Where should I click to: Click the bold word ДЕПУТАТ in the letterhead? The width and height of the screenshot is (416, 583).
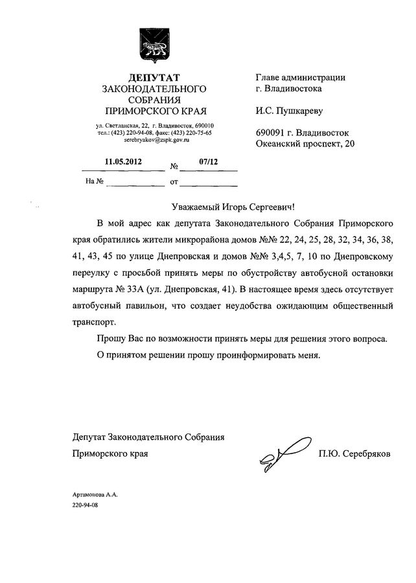click(x=149, y=78)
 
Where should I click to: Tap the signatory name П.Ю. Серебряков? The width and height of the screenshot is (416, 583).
click(x=354, y=455)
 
